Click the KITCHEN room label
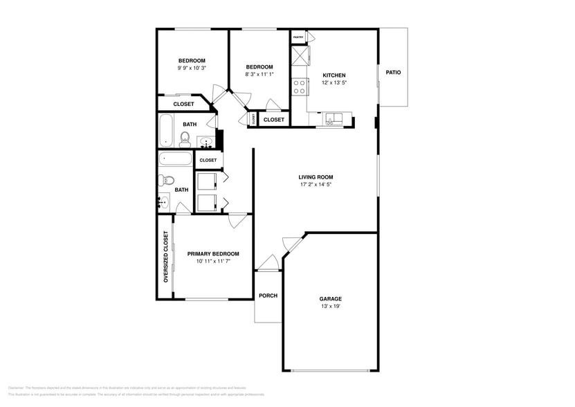click(334, 75)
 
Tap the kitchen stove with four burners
click(300, 87)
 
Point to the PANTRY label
click(299, 37)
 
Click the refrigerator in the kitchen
click(300, 55)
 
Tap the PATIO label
click(393, 72)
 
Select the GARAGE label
click(330, 299)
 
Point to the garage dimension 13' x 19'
click(330, 306)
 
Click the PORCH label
click(268, 296)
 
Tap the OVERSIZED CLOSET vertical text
click(165, 257)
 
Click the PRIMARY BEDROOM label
click(213, 254)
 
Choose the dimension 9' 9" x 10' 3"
click(192, 68)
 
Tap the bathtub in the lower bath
click(175, 159)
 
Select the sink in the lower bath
click(163, 203)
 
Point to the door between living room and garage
click(292, 244)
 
